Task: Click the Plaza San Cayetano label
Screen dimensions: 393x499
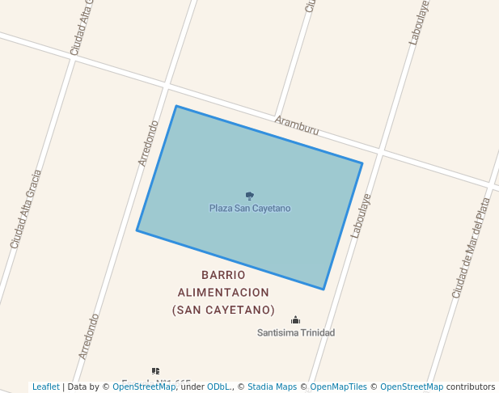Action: point(249,209)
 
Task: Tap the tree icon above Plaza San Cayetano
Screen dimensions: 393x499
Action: point(249,196)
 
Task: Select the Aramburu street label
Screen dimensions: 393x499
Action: point(296,125)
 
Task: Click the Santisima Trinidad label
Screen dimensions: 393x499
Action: point(295,332)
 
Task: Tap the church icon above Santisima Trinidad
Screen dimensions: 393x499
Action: point(295,320)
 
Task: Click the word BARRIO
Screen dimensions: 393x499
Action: point(223,275)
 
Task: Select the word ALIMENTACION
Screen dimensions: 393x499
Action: point(223,293)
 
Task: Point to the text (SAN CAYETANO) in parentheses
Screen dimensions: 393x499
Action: point(223,311)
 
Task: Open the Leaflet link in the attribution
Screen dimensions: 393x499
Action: point(45,387)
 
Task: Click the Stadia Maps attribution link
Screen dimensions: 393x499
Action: point(272,387)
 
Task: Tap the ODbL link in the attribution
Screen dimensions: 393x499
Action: point(218,387)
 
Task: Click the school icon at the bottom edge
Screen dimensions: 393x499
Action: point(155,371)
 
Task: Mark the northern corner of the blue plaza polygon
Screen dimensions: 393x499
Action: point(175,106)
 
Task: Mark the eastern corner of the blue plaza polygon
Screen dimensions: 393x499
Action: point(362,163)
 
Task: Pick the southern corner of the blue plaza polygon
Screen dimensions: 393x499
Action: point(324,289)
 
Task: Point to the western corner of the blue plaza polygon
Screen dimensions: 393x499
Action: point(137,230)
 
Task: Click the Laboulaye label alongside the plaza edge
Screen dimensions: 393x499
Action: point(361,215)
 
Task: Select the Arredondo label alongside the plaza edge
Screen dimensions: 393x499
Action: point(148,143)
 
